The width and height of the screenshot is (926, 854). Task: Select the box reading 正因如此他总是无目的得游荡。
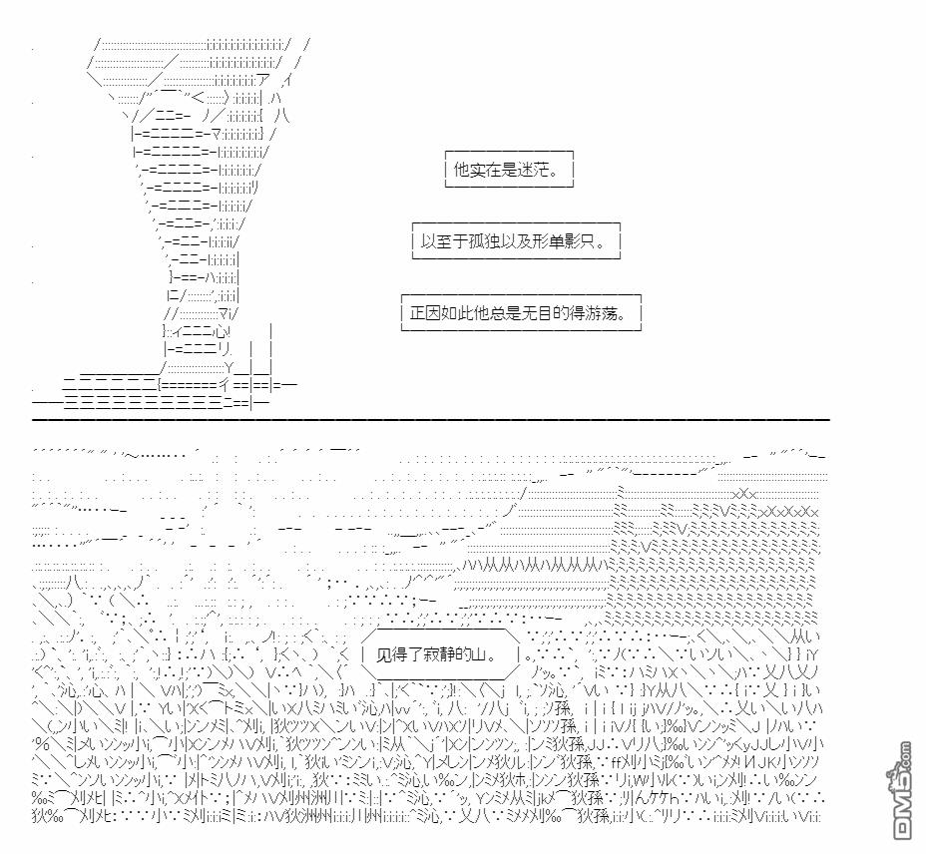coord(520,312)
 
